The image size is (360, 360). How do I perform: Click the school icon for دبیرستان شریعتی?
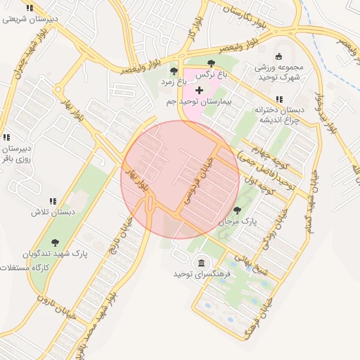click(x=29, y=8)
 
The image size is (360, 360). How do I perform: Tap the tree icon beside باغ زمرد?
click(x=174, y=71)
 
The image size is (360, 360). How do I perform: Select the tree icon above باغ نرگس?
click(x=212, y=64)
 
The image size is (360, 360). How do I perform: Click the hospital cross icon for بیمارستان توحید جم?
click(x=199, y=90)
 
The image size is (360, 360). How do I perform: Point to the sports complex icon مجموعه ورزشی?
click(x=279, y=56)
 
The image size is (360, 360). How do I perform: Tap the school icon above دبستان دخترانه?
click(x=279, y=100)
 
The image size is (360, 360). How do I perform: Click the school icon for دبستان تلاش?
click(x=52, y=202)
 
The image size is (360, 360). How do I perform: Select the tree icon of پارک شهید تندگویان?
click(x=55, y=243)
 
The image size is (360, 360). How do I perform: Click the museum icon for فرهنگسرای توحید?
click(x=203, y=262)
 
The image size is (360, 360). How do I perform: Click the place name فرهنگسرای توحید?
click(x=203, y=274)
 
